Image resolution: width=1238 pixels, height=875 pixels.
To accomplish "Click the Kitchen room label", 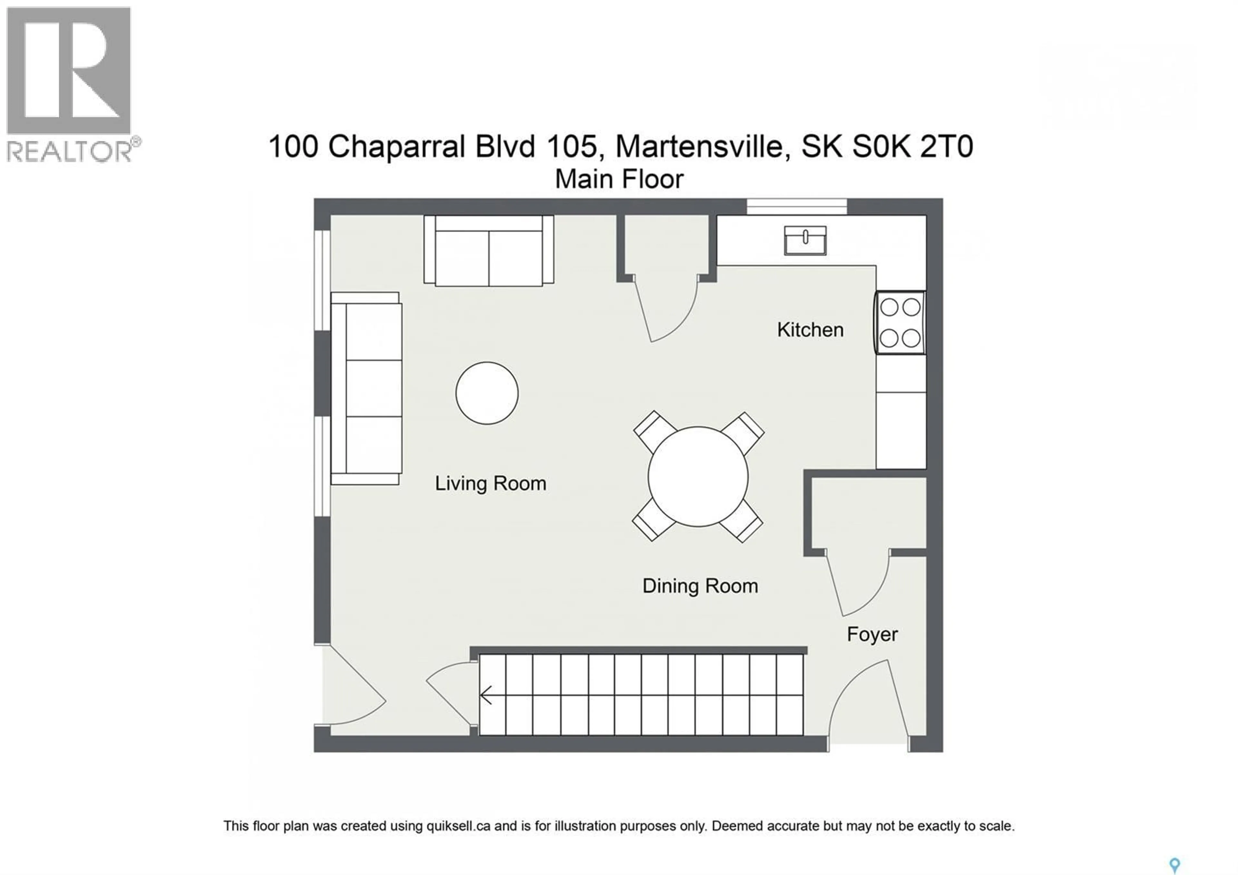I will [810, 330].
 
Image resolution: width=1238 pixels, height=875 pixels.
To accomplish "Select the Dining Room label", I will [700, 586].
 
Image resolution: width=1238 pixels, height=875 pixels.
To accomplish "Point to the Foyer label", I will [872, 634].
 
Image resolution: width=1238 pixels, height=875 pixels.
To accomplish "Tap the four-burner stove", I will [900, 323].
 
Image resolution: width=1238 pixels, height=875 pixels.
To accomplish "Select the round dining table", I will [698, 476].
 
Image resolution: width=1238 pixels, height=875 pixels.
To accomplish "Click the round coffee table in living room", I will [486, 393].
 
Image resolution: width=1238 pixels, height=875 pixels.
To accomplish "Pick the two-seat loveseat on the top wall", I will [488, 251].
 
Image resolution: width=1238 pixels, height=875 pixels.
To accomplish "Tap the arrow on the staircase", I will [486, 695].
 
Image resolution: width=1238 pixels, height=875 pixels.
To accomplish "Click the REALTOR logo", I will [69, 84].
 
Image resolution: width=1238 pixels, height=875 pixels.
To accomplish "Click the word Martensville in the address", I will [699, 147].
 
